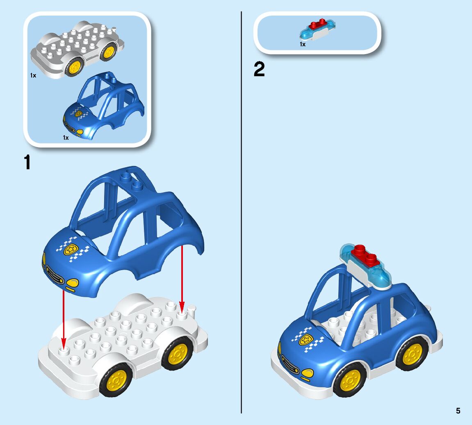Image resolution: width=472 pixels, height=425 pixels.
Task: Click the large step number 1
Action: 27,163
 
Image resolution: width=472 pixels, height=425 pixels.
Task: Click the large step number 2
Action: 259,70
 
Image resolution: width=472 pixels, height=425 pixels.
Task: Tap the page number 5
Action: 458,411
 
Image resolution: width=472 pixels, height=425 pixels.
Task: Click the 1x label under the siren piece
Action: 302,44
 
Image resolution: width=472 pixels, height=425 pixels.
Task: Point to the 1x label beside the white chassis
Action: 33,75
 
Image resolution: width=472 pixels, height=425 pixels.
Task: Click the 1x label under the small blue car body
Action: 66,138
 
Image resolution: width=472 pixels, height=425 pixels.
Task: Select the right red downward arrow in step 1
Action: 182,279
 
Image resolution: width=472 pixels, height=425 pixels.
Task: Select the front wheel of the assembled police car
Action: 349,381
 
